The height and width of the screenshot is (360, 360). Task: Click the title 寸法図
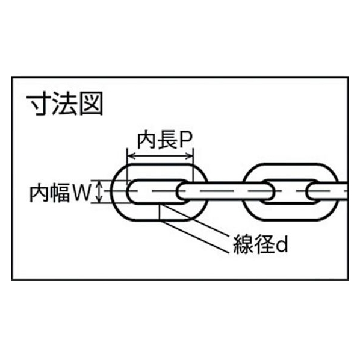pyautogui.click(x=65, y=104)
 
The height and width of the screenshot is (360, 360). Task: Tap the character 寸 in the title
pyautogui.click(x=39, y=104)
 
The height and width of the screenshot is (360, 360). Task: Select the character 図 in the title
pyautogui.click(x=91, y=104)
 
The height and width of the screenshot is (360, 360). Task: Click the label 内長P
pyautogui.click(x=164, y=140)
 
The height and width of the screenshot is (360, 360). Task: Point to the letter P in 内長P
pyautogui.click(x=186, y=140)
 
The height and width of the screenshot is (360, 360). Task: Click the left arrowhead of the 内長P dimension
pyautogui.click(x=131, y=157)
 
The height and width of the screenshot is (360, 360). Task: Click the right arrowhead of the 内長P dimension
pyautogui.click(x=190, y=157)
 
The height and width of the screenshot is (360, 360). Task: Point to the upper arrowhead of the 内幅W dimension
pyautogui.click(x=99, y=184)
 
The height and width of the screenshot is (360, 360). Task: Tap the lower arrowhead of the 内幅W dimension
pyautogui.click(x=99, y=199)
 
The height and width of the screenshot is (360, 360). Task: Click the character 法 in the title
pyautogui.click(x=64, y=104)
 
